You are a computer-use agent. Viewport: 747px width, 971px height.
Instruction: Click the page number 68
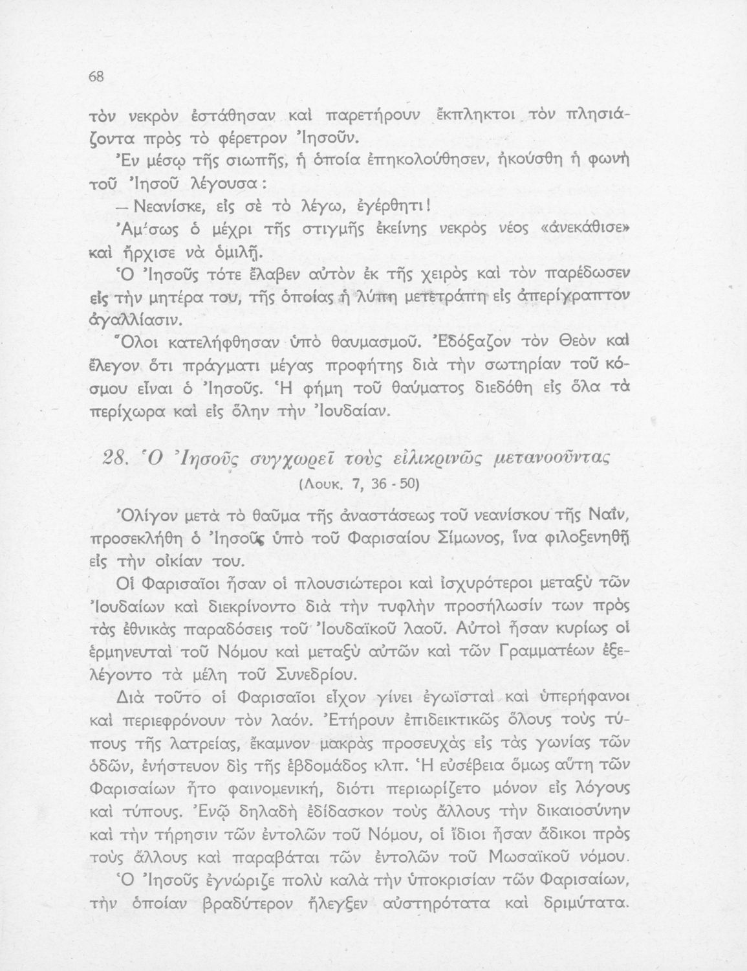96,76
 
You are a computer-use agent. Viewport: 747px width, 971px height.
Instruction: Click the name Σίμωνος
466,537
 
